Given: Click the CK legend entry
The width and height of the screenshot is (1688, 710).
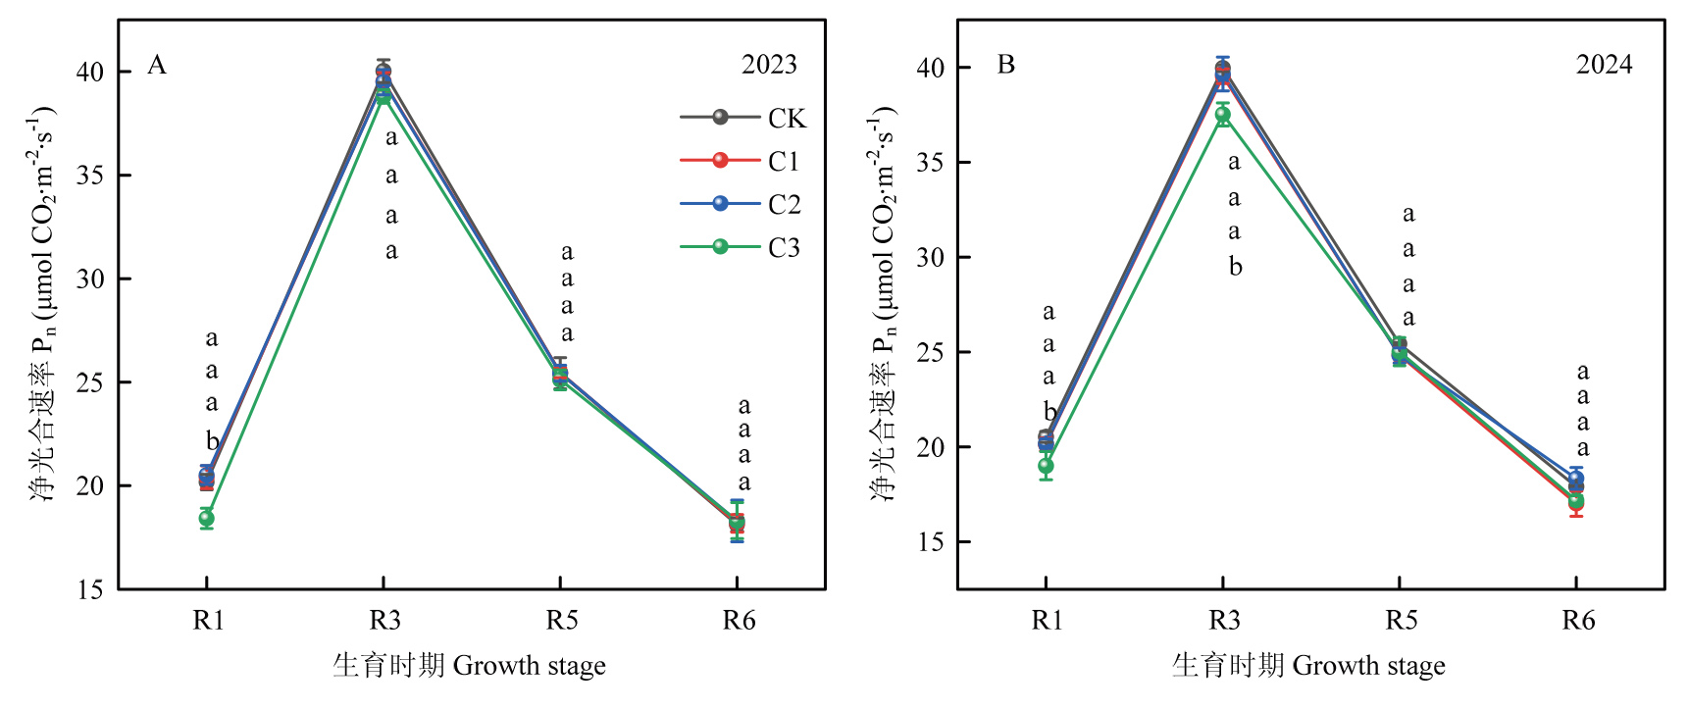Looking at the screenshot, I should [743, 118].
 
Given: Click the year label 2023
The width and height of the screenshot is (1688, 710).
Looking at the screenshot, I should [769, 65].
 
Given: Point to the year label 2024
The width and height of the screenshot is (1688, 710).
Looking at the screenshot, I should [1604, 65].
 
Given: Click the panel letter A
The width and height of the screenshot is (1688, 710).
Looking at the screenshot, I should [157, 66].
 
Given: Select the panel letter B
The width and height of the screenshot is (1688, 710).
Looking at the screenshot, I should [1005, 66].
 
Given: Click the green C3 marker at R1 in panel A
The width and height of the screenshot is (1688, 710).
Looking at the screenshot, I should [206, 518].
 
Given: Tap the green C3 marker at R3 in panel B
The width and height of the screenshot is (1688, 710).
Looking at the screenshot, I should [1223, 115].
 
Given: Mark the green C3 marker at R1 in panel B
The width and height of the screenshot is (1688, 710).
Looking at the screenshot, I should [1046, 466].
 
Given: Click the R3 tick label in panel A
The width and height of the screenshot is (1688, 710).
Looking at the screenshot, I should [384, 621].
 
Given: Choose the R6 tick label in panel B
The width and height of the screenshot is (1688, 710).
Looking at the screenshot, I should [1578, 621].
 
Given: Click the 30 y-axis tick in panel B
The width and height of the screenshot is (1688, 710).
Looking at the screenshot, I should [930, 257].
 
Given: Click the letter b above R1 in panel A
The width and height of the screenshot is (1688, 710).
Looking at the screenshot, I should [212, 440].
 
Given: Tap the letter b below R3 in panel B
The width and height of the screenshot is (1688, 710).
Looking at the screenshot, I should [1235, 266].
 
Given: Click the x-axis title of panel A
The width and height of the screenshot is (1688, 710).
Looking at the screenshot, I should [469, 666].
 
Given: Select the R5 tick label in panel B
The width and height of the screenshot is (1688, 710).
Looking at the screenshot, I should [1401, 621].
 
